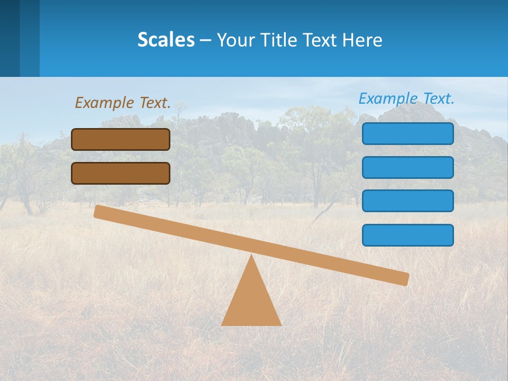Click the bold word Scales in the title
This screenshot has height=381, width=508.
166,40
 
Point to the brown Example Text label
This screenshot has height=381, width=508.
123,103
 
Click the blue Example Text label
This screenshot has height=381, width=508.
406,98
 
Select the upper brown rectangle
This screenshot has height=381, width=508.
121,139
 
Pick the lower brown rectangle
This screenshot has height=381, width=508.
121,173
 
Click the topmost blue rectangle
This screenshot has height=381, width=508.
407,133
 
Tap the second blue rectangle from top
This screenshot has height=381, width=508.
407,167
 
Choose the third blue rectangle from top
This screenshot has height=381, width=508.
407,201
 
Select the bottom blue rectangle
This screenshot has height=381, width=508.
407,235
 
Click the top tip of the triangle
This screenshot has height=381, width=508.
251,257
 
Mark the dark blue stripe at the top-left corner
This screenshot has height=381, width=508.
10,38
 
